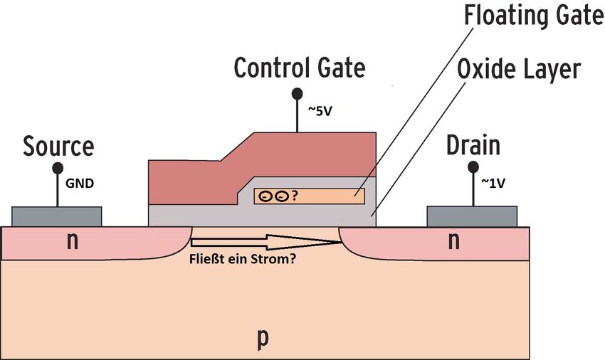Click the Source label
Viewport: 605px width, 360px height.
coord(58,147)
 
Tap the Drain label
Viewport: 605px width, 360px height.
coord(473,145)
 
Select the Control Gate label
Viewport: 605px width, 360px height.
coord(300,68)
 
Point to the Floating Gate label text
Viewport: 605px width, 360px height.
coord(535,16)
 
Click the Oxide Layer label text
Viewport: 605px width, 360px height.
coord(519,70)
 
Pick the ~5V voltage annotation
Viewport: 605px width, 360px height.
coord(320,111)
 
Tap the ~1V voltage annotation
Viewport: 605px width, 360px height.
coord(493,184)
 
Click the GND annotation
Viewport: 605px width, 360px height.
coord(80,184)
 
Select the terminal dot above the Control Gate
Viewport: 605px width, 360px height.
coord(297,93)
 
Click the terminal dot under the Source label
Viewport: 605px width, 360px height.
coord(58,168)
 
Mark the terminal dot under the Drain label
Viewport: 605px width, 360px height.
coord(473,167)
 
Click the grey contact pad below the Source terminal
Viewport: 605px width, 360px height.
coord(57,216)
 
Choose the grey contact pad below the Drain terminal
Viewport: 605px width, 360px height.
coord(472,216)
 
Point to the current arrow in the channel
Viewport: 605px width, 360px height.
coord(266,242)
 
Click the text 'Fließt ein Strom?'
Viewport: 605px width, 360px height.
coord(243,259)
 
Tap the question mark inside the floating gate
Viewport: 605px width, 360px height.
coord(295,196)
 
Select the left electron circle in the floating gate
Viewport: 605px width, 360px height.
coord(265,197)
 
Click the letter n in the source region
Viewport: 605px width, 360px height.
coord(72,242)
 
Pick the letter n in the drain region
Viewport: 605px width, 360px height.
coord(454,242)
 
